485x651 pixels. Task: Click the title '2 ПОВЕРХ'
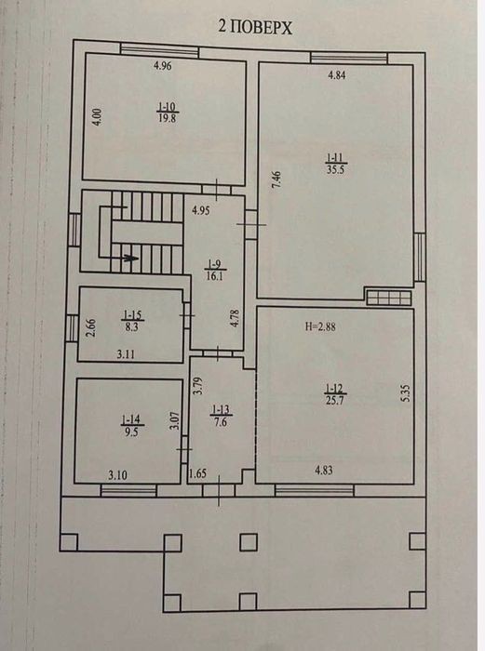(x=255, y=27)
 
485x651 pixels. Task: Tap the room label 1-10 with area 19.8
(x=168, y=113)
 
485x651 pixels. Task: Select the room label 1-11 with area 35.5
(x=336, y=164)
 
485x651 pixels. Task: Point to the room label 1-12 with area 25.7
(x=335, y=394)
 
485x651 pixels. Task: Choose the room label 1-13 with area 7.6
(x=221, y=416)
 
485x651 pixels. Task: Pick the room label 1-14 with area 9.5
(x=131, y=426)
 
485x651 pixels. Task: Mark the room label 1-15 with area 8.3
(x=133, y=321)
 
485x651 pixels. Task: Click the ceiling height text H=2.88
(x=320, y=326)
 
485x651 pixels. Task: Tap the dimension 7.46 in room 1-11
(x=276, y=179)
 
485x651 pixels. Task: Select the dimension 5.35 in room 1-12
(x=406, y=393)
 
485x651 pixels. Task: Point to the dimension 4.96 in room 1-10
(x=163, y=66)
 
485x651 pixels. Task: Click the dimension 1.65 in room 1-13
(x=198, y=473)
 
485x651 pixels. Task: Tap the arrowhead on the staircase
(x=132, y=258)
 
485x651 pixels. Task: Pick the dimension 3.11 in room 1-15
(x=126, y=354)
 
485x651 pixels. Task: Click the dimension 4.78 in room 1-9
(x=236, y=318)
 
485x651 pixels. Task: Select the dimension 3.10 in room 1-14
(x=117, y=475)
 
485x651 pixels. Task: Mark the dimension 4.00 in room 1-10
(x=97, y=117)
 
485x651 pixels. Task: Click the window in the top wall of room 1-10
(x=159, y=50)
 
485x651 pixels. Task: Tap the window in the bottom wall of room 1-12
(x=315, y=491)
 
